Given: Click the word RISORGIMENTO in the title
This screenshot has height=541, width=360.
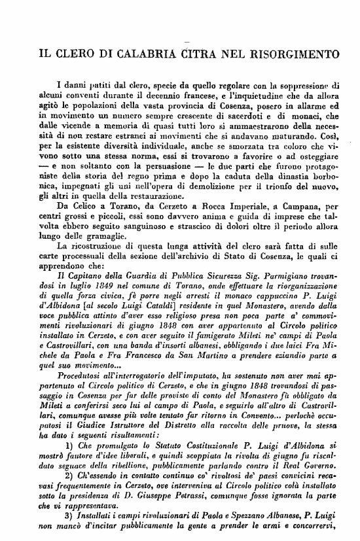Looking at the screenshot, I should tap(292, 52).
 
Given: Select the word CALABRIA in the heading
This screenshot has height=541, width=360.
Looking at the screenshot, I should tap(134, 52).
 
